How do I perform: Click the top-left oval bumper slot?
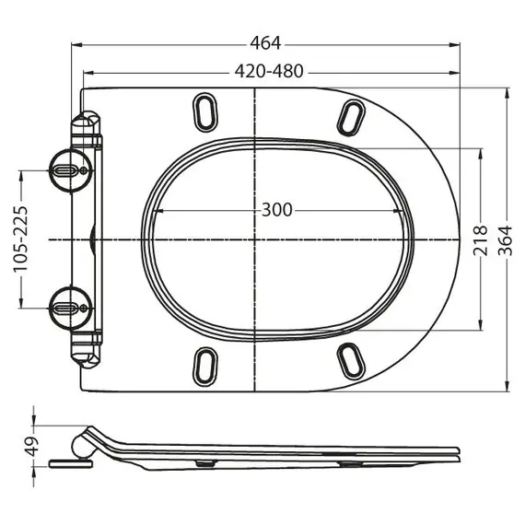[x=205, y=111]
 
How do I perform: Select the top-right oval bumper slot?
[x=352, y=116]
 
